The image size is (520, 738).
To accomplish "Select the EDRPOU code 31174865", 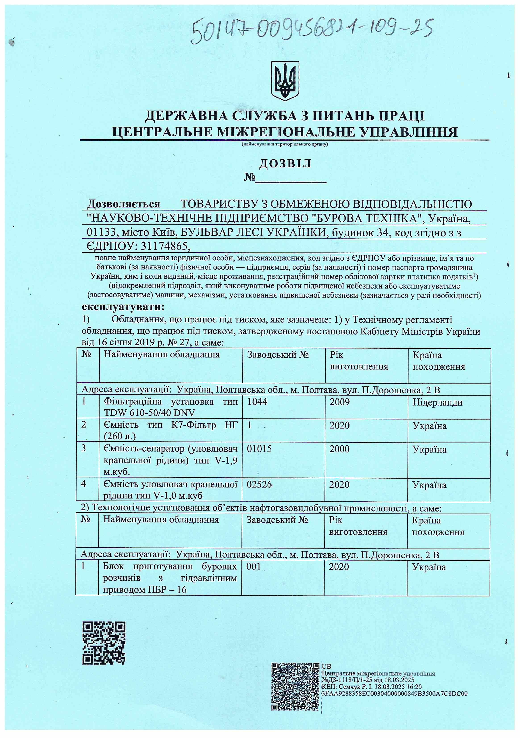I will click(x=164, y=246).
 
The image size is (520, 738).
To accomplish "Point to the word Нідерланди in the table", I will click(x=437, y=402).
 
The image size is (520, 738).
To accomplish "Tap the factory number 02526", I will click(x=259, y=484).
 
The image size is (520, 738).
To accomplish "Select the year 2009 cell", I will click(x=339, y=402).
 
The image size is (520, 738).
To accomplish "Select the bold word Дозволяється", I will click(x=124, y=204).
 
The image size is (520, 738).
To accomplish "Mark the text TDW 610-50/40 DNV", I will click(x=150, y=413).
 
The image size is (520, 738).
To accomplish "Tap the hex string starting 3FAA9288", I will click(x=394, y=694).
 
